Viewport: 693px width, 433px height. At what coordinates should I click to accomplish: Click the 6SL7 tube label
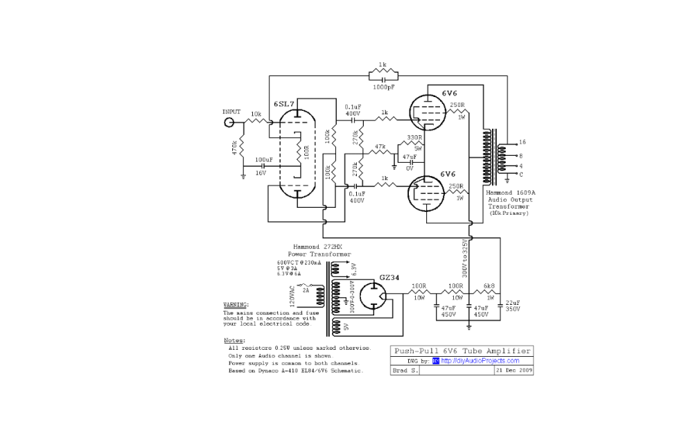(x=284, y=104)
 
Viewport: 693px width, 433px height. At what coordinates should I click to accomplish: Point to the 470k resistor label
(x=235, y=147)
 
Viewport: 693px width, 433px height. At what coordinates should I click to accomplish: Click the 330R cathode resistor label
(x=414, y=137)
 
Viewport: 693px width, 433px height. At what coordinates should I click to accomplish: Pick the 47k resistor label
(x=380, y=146)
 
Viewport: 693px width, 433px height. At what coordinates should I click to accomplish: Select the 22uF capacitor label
(x=512, y=306)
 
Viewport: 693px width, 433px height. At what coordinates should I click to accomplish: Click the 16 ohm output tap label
(x=522, y=141)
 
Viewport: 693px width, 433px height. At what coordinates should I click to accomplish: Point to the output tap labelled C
(x=521, y=175)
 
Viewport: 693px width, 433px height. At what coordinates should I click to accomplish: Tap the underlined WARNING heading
(x=236, y=305)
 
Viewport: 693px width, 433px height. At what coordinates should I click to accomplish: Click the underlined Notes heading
(x=234, y=341)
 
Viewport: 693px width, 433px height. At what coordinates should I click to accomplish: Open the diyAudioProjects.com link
(x=480, y=360)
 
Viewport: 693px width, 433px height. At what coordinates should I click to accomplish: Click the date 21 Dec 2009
(x=513, y=371)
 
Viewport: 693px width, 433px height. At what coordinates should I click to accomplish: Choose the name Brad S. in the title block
(x=405, y=371)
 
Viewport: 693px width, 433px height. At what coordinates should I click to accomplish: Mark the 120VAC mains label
(x=292, y=298)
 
